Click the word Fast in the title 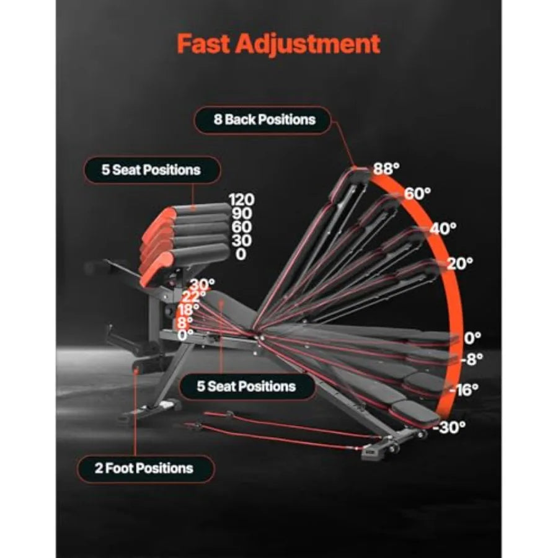coord(203,43)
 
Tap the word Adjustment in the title coord(308,45)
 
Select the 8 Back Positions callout coord(263,120)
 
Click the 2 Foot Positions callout coord(146,468)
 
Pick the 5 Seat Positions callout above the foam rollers coord(152,170)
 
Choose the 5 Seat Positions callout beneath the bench coord(247,386)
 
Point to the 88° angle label coord(386,168)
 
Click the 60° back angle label coord(417,194)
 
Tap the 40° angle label coord(443,229)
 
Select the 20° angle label coord(460,263)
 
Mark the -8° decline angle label coord(472,360)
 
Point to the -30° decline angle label coord(449,427)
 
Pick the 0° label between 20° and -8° coord(472,338)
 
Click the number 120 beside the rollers coord(242,200)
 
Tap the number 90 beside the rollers coord(242,213)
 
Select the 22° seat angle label coord(194,296)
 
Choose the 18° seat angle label coord(188,309)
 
